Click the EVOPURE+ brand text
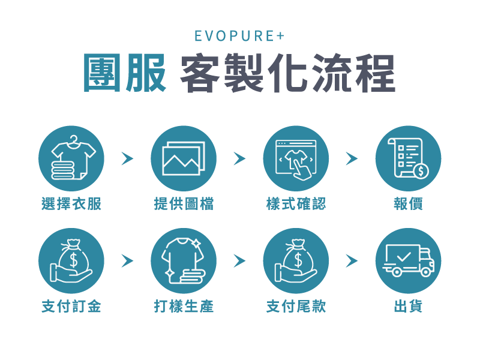tap(239, 36)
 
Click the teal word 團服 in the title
tap(125, 74)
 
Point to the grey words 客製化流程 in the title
tap(287, 74)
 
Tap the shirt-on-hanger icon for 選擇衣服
tap(71, 158)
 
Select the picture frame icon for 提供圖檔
tap(184, 158)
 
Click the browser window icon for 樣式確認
tap(296, 158)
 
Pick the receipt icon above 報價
tap(408, 158)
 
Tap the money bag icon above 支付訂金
tap(71, 260)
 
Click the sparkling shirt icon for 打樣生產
tap(184, 260)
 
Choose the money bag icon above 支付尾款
tap(296, 260)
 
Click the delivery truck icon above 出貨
tap(408, 260)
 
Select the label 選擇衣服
tap(71, 204)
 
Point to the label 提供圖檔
tap(184, 204)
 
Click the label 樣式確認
tap(296, 204)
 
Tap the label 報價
tap(408, 204)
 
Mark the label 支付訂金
tap(71, 307)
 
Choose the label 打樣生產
tap(184, 307)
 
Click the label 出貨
tap(408, 307)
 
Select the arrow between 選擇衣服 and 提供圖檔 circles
tap(127, 158)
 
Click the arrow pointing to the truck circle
tap(352, 260)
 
